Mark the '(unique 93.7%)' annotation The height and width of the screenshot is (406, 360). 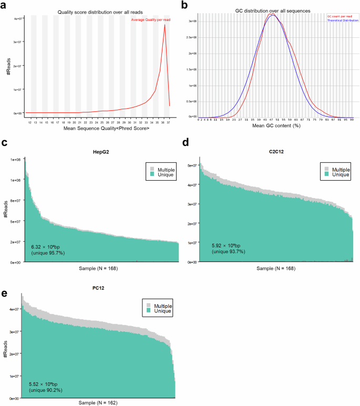[x=228, y=253]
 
